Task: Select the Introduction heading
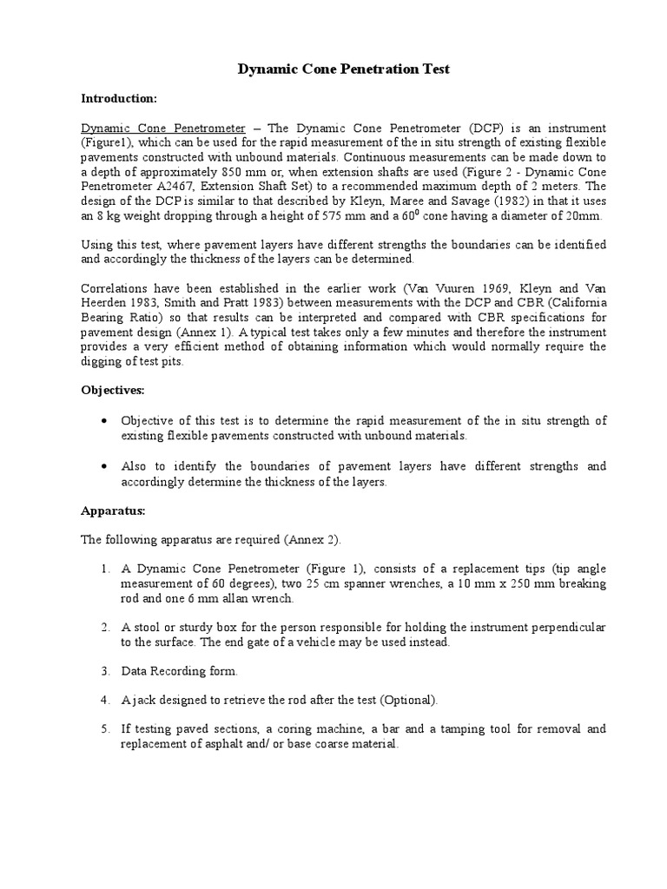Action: pyautogui.click(x=118, y=98)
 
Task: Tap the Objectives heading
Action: pyautogui.click(x=113, y=391)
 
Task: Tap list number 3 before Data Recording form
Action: pyautogui.click(x=104, y=671)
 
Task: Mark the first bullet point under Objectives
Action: pyautogui.click(x=104, y=420)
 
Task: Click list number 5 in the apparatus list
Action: pyautogui.click(x=104, y=729)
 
